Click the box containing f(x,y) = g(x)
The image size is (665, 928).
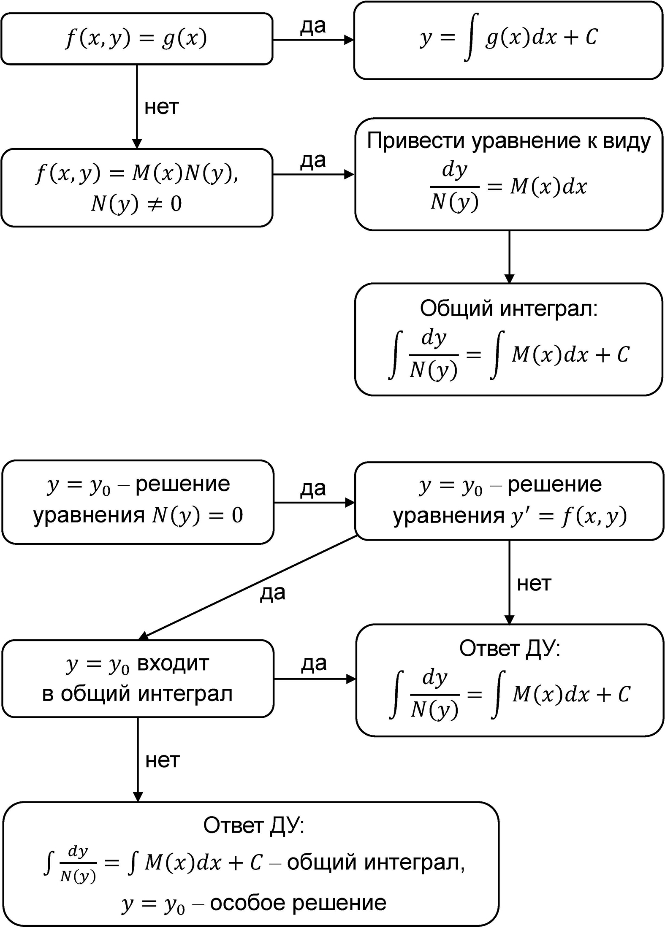point(136,39)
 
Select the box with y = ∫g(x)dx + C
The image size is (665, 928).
point(508,40)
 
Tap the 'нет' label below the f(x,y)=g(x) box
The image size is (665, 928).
point(162,107)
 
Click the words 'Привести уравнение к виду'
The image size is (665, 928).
point(509,141)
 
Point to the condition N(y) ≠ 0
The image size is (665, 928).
point(136,204)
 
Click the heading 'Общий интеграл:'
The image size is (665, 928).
point(509,308)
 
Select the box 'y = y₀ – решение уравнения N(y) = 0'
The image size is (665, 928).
point(138,502)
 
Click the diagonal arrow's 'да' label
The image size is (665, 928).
point(273,593)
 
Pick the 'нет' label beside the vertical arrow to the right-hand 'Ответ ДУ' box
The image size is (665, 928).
point(534,584)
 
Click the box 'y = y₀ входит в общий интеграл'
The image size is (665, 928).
point(138,679)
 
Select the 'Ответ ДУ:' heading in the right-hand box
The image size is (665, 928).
point(510,649)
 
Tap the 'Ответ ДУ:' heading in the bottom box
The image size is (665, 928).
point(254,825)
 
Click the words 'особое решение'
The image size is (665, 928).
point(298,903)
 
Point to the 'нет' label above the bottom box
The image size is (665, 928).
point(163,760)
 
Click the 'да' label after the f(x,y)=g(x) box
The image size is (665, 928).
point(313,26)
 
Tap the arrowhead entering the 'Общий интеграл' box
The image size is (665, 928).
point(509,279)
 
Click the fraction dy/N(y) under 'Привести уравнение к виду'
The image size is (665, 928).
point(454,186)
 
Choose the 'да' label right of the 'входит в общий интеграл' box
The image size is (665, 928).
point(314,663)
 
